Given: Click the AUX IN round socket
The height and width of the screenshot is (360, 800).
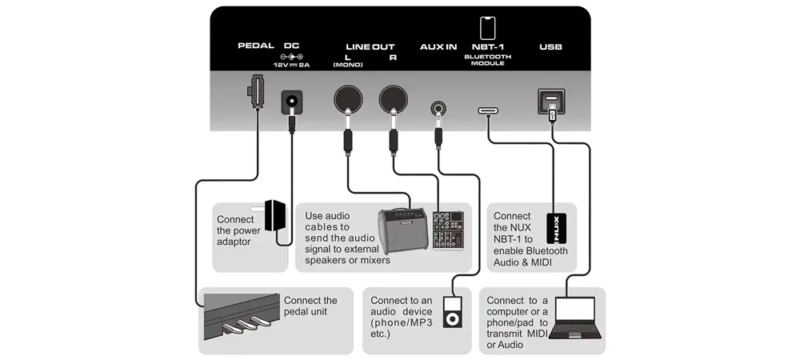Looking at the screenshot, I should pyautogui.click(x=438, y=106).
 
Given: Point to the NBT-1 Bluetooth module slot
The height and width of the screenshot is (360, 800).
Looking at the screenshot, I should pyautogui.click(x=488, y=110).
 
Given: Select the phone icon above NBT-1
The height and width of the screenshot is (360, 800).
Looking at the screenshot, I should pyautogui.click(x=487, y=27).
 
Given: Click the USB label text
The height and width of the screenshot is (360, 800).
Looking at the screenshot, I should pyautogui.click(x=550, y=47).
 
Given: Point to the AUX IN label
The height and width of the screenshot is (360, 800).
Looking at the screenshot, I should pyautogui.click(x=438, y=47).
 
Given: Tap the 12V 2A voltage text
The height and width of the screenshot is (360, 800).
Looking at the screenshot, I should pyautogui.click(x=291, y=64).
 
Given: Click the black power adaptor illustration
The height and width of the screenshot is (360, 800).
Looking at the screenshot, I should pyautogui.click(x=277, y=215).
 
